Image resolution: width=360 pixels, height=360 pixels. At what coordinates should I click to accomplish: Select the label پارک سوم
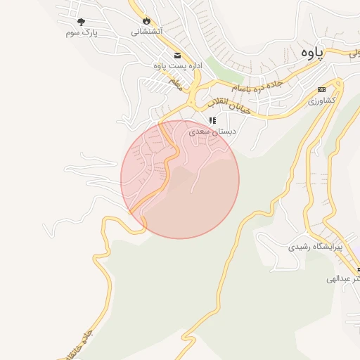[x=81, y=33]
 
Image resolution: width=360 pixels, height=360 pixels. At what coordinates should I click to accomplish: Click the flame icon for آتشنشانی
[x=146, y=20]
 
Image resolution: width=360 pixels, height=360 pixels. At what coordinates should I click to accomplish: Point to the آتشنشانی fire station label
[x=148, y=32]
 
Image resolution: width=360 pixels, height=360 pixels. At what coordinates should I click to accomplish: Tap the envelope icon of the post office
[x=176, y=55]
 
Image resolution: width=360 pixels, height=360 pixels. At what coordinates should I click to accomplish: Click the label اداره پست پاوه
[x=178, y=65]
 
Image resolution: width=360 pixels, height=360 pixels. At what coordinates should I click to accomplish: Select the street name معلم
[x=176, y=82]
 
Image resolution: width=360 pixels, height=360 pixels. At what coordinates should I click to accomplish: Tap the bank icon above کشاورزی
[x=322, y=89]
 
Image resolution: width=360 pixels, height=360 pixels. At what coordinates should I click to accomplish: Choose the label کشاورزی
[x=322, y=101]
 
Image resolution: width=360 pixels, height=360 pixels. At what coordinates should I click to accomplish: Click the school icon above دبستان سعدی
[x=212, y=120]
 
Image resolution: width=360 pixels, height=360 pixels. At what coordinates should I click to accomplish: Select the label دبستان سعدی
[x=213, y=131]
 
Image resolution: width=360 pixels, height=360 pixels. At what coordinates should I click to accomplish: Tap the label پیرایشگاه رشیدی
[x=316, y=247]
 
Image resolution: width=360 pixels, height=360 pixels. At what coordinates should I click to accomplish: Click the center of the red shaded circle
[x=180, y=179]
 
